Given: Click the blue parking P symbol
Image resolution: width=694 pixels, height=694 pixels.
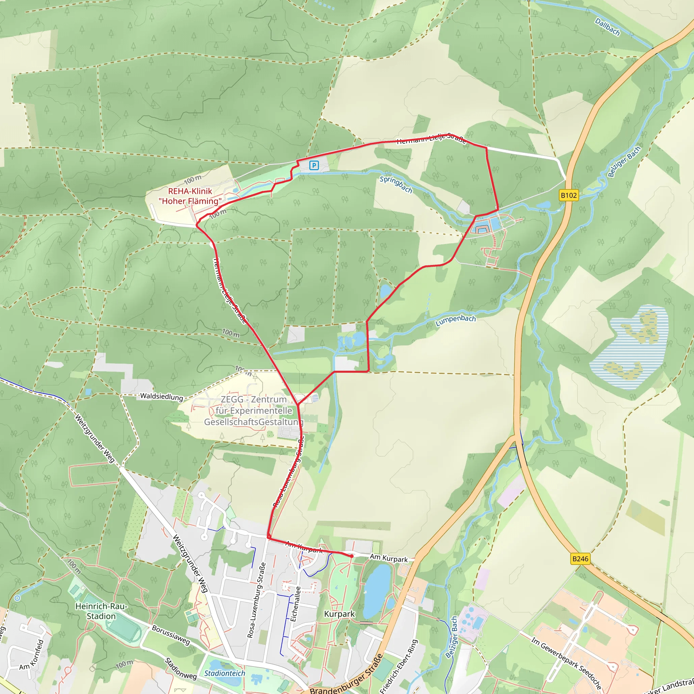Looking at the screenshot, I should [x=314, y=165].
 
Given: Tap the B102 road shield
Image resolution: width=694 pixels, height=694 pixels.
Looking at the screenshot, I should [x=569, y=196].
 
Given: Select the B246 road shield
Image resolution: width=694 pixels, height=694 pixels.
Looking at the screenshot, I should [x=580, y=558].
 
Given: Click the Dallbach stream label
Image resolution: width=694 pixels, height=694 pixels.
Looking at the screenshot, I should [x=608, y=27].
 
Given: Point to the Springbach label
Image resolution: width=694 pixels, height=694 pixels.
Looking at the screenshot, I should [x=396, y=184].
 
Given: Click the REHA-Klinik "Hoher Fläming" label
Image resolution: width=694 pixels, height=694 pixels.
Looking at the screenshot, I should [x=190, y=196].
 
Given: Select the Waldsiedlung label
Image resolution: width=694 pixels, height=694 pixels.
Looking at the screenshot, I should [x=161, y=396].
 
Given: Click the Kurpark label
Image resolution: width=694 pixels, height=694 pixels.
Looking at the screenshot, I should [x=339, y=614].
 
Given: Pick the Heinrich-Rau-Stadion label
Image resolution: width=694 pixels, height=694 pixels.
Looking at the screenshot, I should [x=101, y=611].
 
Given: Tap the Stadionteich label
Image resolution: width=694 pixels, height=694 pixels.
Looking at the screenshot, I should [x=225, y=673].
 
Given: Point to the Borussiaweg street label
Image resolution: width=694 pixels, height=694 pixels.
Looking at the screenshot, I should [x=171, y=635].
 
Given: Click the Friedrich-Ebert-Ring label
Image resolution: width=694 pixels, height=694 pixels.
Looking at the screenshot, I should [x=400, y=666].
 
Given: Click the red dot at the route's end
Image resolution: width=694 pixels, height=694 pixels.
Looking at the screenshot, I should [x=351, y=556].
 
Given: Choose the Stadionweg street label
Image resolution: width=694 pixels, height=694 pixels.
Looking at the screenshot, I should [x=181, y=669].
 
